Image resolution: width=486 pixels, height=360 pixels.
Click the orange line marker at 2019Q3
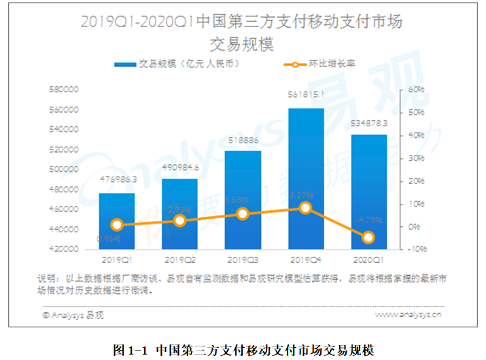(x=243, y=214)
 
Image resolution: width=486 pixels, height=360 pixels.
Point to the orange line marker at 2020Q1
(x=368, y=237)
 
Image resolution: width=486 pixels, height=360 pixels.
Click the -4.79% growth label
(x=368, y=219)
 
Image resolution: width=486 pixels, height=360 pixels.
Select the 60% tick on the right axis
(x=416, y=89)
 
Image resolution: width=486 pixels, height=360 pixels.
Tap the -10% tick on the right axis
(x=415, y=249)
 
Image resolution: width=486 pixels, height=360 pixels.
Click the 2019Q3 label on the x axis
(x=243, y=260)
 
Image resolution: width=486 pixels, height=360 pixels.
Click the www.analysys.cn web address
(x=407, y=314)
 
